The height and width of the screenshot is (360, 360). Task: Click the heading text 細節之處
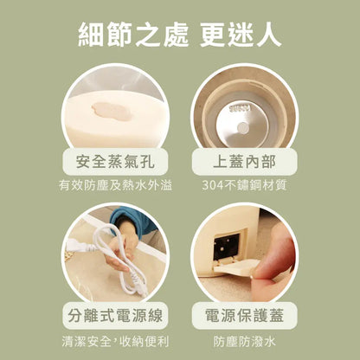[133, 35]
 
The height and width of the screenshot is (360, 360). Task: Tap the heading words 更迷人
[241, 35]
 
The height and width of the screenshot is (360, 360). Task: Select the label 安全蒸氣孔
[115, 162]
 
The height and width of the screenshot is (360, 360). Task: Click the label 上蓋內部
[244, 162]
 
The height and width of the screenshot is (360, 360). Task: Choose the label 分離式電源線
[115, 315]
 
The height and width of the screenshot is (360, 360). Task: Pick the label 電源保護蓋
[244, 315]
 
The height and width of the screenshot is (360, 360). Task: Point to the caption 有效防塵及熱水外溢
[115, 185]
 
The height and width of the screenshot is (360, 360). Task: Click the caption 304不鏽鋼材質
[244, 185]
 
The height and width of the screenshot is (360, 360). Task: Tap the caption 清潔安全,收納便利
[115, 342]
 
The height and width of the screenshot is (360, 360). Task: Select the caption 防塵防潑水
[244, 342]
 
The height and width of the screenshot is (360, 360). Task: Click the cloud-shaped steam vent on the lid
[112, 112]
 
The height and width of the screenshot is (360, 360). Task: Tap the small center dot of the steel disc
[242, 126]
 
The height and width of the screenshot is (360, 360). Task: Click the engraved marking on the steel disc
[240, 109]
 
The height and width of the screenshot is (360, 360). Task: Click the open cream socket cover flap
[235, 267]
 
